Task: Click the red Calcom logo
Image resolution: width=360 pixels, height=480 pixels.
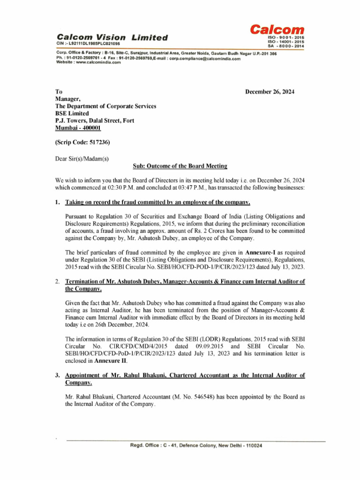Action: [277, 30]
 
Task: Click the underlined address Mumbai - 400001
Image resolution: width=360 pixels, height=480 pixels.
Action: [78, 127]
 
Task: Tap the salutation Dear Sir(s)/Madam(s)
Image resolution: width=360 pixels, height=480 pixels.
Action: [82, 158]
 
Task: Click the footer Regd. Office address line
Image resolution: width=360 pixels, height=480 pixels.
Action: [196, 445]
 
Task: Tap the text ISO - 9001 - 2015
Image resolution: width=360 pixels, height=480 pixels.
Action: [285, 37]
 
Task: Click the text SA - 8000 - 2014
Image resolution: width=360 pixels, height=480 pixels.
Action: [285, 46]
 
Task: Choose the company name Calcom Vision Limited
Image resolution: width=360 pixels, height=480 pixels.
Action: [112, 37]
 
